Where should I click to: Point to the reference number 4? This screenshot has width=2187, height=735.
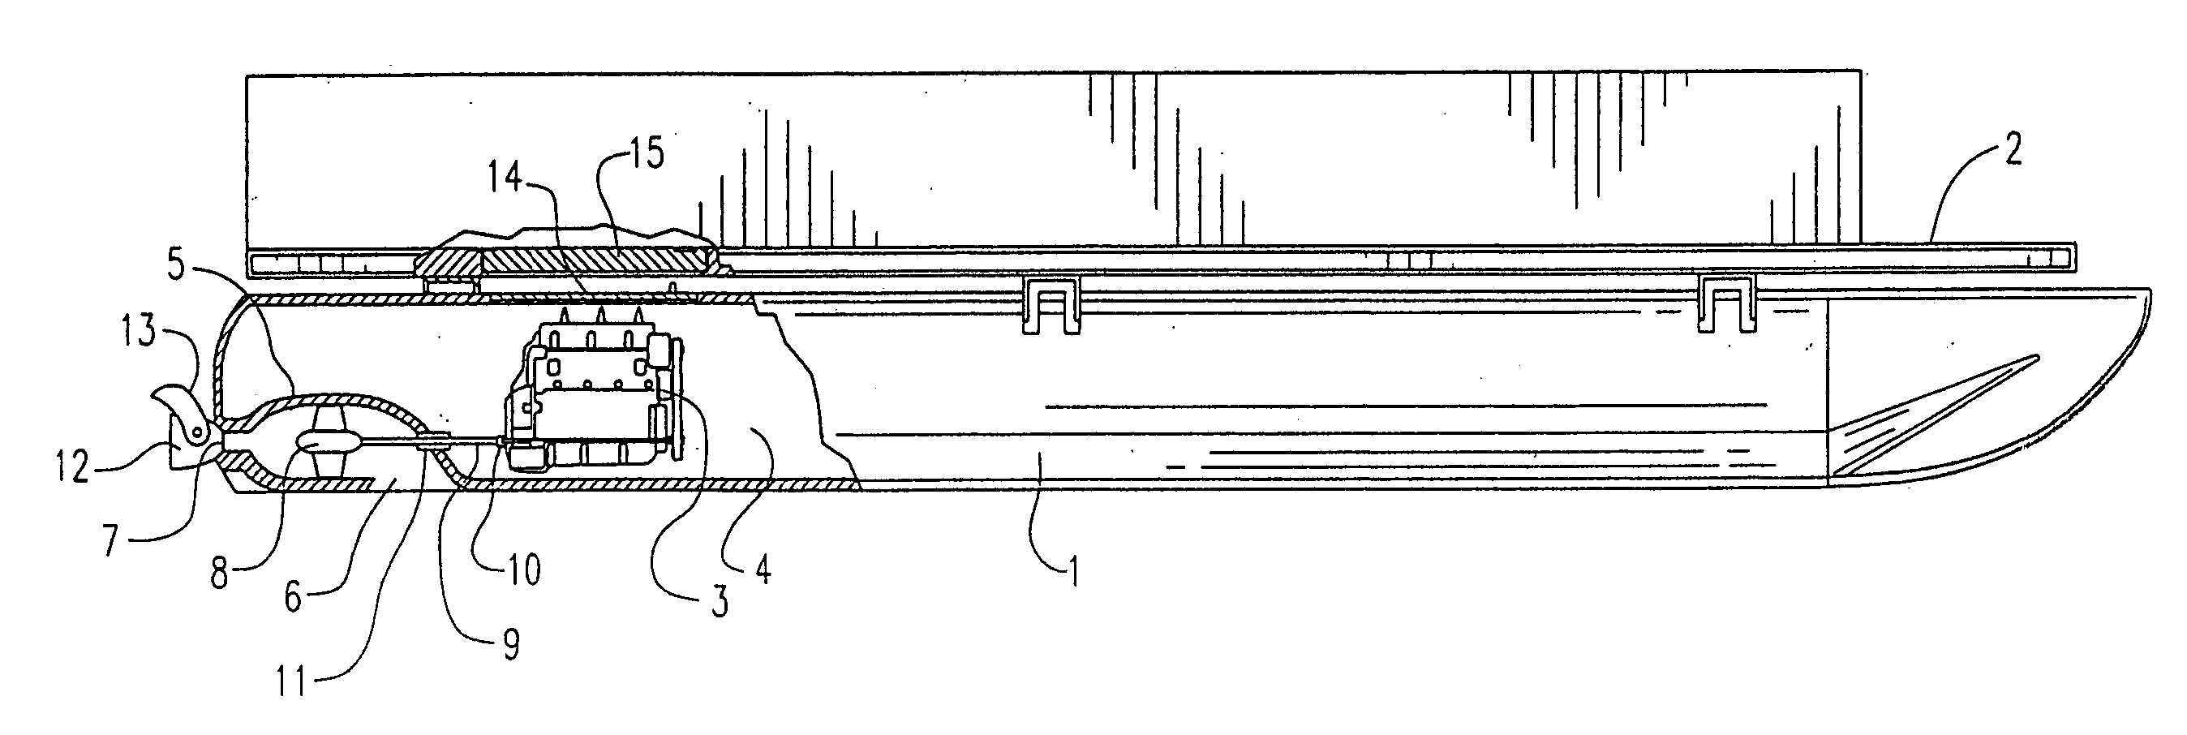point(762,569)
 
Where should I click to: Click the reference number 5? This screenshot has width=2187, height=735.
point(176,265)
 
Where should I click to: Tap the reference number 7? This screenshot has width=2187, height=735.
point(110,539)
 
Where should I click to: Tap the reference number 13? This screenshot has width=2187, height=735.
point(141,332)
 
